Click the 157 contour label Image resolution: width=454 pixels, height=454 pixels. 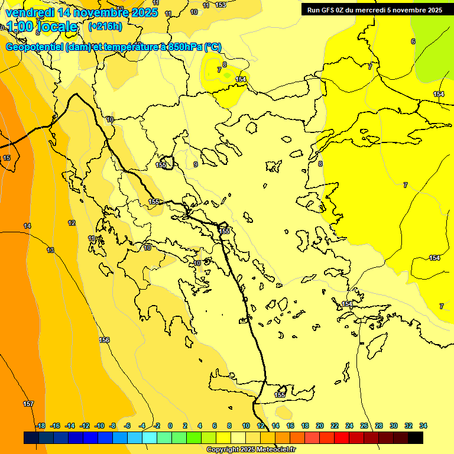click(28, 404)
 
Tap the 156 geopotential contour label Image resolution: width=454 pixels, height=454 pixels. click(105, 340)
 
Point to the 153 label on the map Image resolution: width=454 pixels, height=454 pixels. click(220, 5)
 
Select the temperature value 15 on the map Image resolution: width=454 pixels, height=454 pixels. click(7, 158)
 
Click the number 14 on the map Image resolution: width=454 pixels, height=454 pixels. click(27, 226)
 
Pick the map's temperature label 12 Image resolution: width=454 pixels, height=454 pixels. click(72, 223)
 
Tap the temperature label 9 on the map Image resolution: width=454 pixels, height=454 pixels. click(196, 164)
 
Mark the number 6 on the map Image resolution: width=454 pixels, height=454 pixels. click(413, 41)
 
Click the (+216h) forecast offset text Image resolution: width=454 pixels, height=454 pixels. click(105, 27)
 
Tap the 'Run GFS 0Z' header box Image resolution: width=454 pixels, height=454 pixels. click(374, 9)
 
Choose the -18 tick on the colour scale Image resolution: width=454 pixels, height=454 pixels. click(40, 426)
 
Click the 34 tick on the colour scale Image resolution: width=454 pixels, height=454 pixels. click(423, 426)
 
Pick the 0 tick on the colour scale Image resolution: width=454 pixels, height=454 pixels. click(170, 426)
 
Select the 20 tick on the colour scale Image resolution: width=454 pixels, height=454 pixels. click(320, 426)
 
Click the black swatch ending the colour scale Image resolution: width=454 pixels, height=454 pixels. click(416, 437)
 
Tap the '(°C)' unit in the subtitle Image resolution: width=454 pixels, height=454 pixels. click(213, 47)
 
